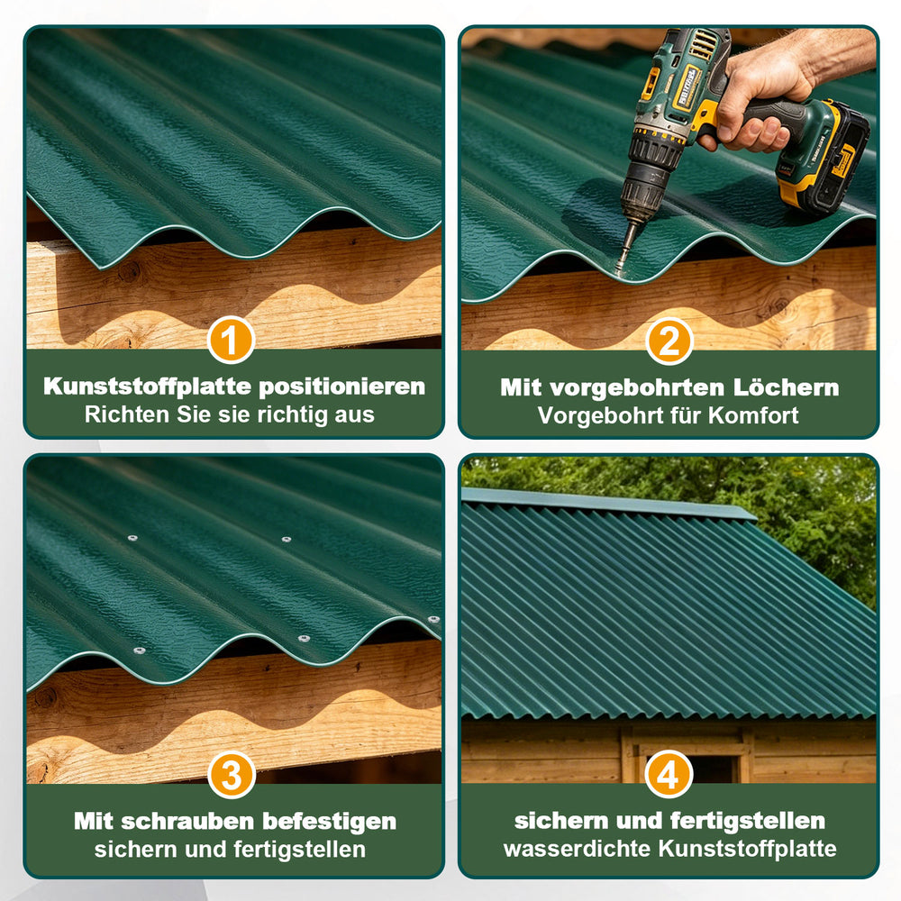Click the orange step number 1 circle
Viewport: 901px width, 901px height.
point(231,340)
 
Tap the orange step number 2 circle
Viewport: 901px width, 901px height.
point(669,341)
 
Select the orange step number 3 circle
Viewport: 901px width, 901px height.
point(231,775)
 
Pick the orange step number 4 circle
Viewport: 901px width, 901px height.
point(669,774)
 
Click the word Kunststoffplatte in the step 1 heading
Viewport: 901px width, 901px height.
point(148,387)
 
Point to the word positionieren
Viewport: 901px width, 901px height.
point(341,387)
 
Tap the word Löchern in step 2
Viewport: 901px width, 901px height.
point(786,387)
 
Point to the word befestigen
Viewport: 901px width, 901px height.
point(329,822)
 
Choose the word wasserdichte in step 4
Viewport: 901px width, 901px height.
point(578,848)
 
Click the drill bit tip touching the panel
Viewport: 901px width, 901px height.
point(618,271)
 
